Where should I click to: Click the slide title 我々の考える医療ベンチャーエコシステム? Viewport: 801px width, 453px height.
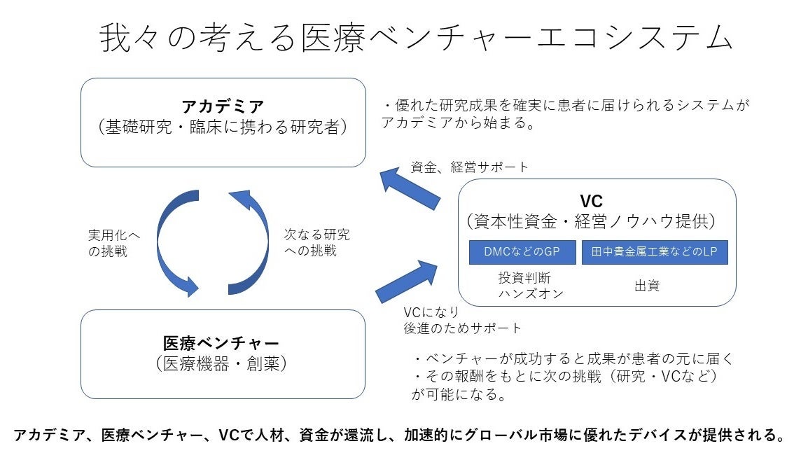(x=416, y=38)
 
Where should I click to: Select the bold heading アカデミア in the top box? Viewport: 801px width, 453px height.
(x=223, y=107)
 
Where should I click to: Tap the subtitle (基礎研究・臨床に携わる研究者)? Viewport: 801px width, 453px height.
(x=223, y=128)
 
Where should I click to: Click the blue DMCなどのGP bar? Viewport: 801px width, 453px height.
(x=522, y=252)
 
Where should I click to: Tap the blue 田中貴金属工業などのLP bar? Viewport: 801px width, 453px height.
(x=655, y=252)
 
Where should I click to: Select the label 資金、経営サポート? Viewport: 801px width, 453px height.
(x=469, y=167)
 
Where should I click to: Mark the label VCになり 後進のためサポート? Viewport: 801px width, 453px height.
(x=462, y=319)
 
